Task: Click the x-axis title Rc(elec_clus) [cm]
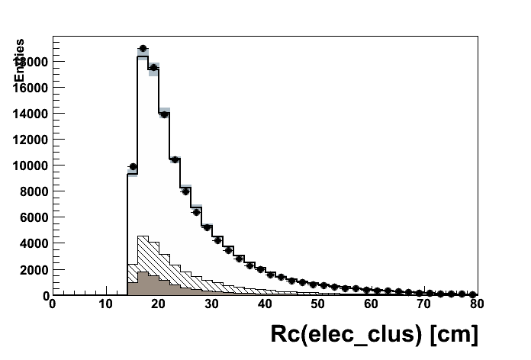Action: pyautogui.click(x=374, y=334)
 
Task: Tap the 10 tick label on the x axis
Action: pyautogui.click(x=105, y=304)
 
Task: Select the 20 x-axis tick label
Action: pyautogui.click(x=159, y=304)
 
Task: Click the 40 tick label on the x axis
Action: pyautogui.click(x=265, y=304)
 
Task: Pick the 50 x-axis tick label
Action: pyautogui.click(x=318, y=304)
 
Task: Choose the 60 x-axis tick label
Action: pyautogui.click(x=372, y=304)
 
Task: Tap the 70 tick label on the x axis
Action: pyautogui.click(x=424, y=304)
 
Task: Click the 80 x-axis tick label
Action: pyautogui.click(x=478, y=304)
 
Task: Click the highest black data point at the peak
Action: pyautogui.click(x=143, y=48)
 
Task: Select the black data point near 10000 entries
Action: pyautogui.click(x=132, y=166)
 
